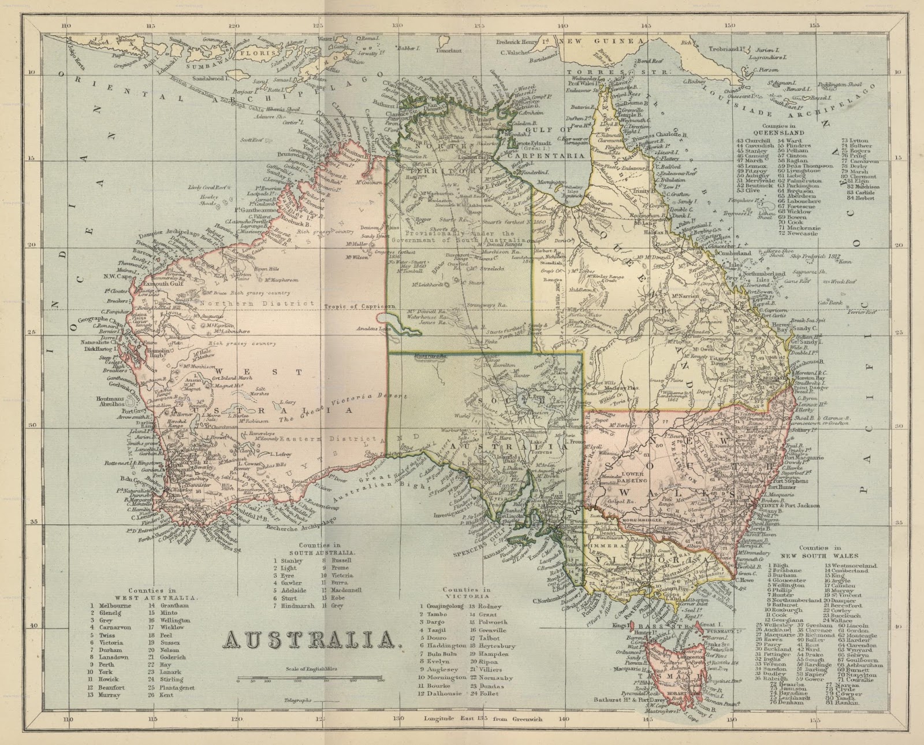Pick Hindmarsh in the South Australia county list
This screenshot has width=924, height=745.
tap(298, 606)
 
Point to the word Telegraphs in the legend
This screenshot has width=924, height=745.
tap(297, 700)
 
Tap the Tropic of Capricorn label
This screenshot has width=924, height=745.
tap(352, 307)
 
